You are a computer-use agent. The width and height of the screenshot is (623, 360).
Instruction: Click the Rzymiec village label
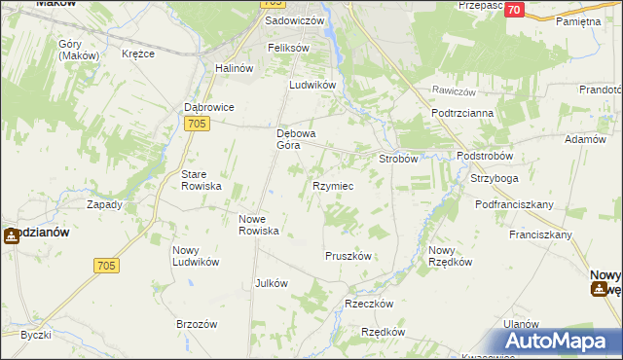pyautogui.click(x=332, y=185)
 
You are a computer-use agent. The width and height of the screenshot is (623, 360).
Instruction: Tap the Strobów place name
pyautogui.click(x=398, y=158)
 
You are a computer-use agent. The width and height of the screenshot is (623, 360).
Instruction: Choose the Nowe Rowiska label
pyautogui.click(x=260, y=225)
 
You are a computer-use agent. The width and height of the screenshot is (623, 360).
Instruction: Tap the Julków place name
pyautogui.click(x=271, y=283)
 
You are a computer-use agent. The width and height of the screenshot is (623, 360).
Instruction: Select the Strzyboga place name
pyautogui.click(x=495, y=179)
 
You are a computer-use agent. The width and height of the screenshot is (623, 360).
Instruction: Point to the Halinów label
pyautogui.click(x=233, y=67)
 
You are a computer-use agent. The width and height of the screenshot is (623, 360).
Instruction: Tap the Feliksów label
pyautogui.click(x=288, y=48)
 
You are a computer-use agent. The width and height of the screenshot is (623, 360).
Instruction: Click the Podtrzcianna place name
pyautogui.click(x=462, y=113)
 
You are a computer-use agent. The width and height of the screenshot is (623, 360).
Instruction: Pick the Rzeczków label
pyautogui.click(x=369, y=304)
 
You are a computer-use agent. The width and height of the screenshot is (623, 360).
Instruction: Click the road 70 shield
pyautogui.click(x=515, y=10)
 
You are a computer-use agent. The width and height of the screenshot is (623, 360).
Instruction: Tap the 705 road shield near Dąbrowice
pyautogui.click(x=196, y=122)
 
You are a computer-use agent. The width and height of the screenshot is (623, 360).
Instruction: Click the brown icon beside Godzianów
pyautogui.click(x=10, y=234)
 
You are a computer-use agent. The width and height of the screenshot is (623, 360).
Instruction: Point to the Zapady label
pyautogui.click(x=104, y=204)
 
